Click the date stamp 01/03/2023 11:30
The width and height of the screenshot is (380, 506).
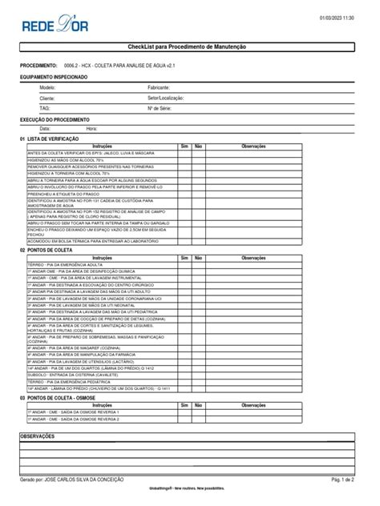coord(337,18)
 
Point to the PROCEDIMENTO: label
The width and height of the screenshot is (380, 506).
coord(38,65)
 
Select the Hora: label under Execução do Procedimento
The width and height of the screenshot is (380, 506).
coord(91,128)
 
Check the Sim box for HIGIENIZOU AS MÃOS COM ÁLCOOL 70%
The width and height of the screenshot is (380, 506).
coord(184,159)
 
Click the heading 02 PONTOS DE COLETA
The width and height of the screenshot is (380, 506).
coord(45,249)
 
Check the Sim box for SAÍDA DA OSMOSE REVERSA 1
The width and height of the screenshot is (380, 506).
coord(184,412)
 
